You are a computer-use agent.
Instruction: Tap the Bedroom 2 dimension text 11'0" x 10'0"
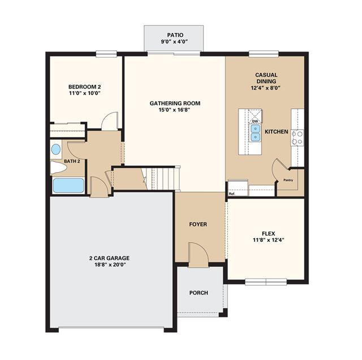pyautogui.click(x=85, y=93)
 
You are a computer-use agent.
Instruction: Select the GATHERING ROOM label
pyautogui.click(x=175, y=103)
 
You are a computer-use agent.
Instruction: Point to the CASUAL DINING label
pyautogui.click(x=266, y=78)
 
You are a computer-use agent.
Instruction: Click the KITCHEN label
pyautogui.click(x=277, y=132)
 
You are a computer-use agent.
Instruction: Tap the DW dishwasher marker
pyautogui.click(x=255, y=121)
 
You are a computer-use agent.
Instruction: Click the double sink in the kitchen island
pyautogui.click(x=255, y=133)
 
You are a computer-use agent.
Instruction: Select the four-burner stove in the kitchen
pyautogui.click(x=298, y=138)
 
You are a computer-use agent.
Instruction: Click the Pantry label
pyautogui.click(x=288, y=180)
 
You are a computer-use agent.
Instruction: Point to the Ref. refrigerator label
pyautogui.click(x=232, y=194)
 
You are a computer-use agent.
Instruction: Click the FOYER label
pyautogui.click(x=198, y=224)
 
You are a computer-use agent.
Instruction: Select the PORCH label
pyautogui.click(x=199, y=293)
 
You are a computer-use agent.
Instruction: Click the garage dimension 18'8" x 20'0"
pyautogui.click(x=109, y=264)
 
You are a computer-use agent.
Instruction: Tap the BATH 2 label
pyautogui.click(x=72, y=161)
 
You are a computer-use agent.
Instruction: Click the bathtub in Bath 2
pyautogui.click(x=68, y=185)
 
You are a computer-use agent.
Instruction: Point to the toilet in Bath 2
pyautogui.click(x=58, y=168)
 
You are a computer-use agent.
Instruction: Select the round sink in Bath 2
pyautogui.click(x=56, y=149)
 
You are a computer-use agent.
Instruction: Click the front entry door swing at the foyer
pyautogui.click(x=199, y=255)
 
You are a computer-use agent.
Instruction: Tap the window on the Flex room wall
pyautogui.click(x=266, y=282)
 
